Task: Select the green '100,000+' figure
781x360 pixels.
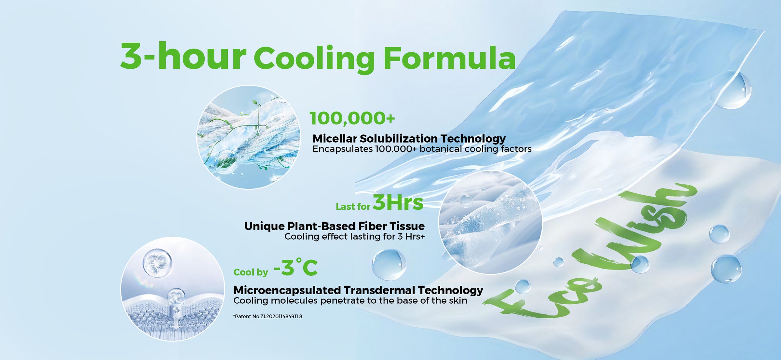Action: pos(352,118)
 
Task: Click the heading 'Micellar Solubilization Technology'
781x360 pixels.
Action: pos(409,139)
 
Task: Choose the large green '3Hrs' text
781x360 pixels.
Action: pos(398,202)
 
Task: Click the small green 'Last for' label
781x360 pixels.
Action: pos(353,207)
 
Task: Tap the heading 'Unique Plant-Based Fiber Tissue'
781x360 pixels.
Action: pos(335,226)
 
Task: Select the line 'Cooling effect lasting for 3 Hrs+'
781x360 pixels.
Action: pos(355,236)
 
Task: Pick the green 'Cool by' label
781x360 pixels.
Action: pos(251,272)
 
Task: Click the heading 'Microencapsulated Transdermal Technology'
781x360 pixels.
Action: pos(358,290)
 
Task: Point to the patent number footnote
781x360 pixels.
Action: pos(267,316)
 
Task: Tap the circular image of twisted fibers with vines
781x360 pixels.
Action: pos(249,137)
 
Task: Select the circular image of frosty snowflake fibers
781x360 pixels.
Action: pos(490,222)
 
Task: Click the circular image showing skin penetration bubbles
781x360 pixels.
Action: pos(172,289)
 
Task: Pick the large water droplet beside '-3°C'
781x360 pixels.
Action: pos(389,265)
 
